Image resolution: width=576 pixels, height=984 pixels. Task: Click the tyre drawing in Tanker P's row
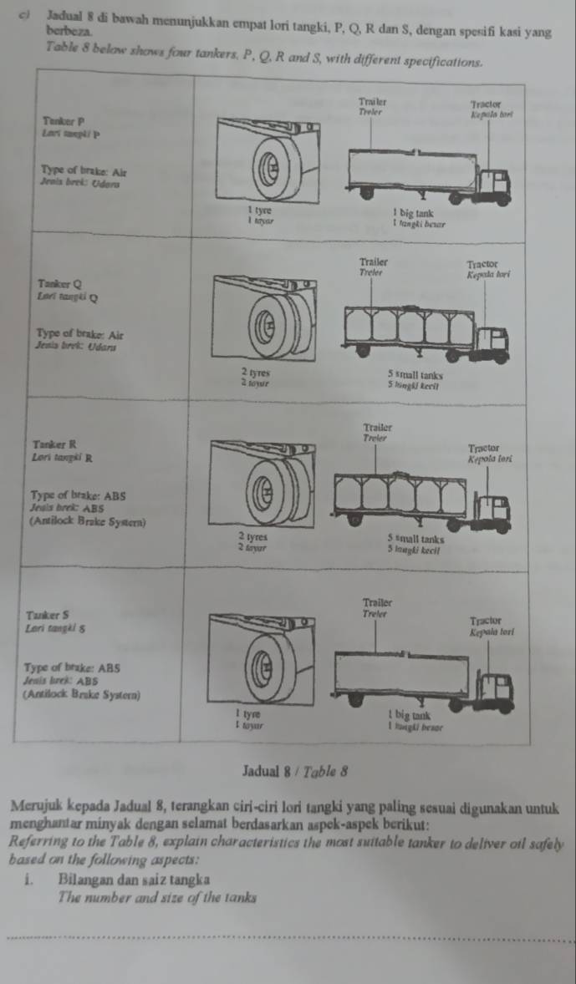point(271,167)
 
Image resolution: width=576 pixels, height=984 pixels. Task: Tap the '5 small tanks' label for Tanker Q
point(415,375)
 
